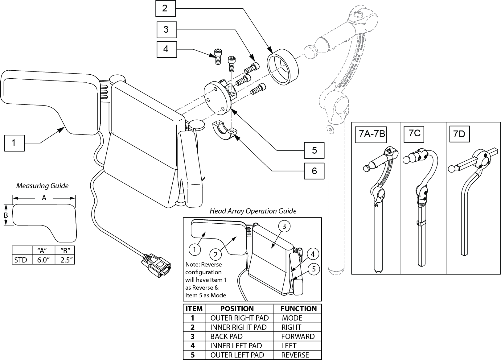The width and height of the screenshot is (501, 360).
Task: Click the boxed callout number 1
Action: (x=14, y=143)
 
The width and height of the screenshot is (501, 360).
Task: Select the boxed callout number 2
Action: (x=165, y=8)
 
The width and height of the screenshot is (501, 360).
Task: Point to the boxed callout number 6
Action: (x=314, y=171)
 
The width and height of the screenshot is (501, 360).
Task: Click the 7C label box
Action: (x=414, y=134)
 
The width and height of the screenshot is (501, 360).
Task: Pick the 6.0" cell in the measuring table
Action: (x=43, y=260)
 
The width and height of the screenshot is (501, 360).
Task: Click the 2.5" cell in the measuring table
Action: (x=64, y=260)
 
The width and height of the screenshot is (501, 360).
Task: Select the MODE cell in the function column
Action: (x=292, y=318)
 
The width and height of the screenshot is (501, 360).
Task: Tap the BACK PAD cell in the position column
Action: (x=226, y=337)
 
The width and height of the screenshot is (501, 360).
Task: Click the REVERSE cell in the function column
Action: (x=295, y=355)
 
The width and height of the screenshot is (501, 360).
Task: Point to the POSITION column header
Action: (x=237, y=309)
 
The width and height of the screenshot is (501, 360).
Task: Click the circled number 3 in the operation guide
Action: (x=284, y=226)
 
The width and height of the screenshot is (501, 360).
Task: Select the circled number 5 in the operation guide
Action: (x=314, y=269)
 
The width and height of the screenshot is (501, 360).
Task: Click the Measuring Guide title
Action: (x=42, y=186)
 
